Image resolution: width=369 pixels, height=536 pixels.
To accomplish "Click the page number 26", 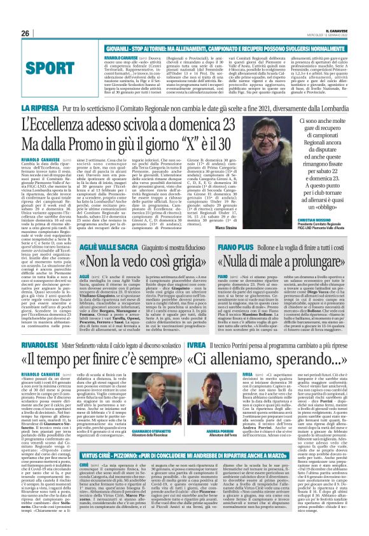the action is [25, 15].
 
